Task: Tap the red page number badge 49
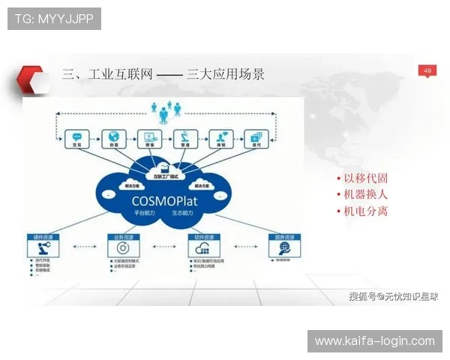click(x=427, y=70)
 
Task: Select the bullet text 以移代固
click(x=365, y=178)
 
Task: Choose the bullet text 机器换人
click(x=365, y=195)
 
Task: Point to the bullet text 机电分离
click(x=365, y=211)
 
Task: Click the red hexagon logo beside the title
click(x=32, y=76)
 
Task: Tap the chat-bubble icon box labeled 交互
click(x=76, y=139)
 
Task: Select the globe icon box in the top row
click(x=114, y=139)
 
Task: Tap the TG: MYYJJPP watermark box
click(x=54, y=19)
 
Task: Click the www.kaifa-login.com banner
click(x=374, y=341)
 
